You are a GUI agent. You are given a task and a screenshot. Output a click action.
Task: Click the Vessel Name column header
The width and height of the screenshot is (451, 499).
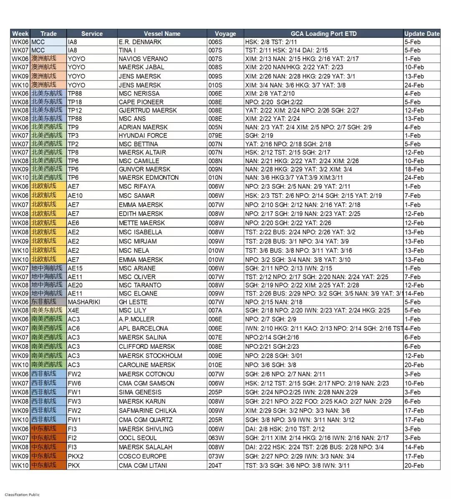point(162,34)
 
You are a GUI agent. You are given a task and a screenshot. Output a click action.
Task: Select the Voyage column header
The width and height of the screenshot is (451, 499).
point(225,34)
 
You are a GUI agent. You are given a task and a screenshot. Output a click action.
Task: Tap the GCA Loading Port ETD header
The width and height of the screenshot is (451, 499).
point(324,34)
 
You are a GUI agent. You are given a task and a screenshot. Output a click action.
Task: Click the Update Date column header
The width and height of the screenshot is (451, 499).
point(422,34)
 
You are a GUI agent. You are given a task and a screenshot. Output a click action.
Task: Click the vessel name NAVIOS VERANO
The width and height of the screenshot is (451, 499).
point(143,59)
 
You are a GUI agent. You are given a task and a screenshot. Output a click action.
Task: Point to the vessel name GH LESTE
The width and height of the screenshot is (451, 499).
point(133,302)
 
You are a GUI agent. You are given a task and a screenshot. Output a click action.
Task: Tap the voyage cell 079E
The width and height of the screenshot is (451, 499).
point(215,136)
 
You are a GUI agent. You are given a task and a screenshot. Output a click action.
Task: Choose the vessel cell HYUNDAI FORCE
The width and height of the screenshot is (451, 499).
point(143,136)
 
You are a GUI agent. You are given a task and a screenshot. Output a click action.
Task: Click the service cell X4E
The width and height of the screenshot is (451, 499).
point(73,310)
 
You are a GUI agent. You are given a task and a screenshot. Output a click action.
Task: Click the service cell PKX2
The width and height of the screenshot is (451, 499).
point(76,456)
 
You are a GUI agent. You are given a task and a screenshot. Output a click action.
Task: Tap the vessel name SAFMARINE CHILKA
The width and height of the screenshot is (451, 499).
point(147,411)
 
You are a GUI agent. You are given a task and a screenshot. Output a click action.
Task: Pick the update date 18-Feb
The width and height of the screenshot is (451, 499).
point(414,169)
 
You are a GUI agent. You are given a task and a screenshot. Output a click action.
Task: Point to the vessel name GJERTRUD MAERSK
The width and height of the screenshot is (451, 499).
point(147,111)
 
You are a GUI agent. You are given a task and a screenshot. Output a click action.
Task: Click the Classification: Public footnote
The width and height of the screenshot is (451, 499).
point(22,495)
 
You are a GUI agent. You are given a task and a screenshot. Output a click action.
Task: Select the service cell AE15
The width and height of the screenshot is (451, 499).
point(75,268)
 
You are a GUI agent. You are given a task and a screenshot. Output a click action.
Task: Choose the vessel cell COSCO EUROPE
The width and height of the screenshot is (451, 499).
point(142,456)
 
